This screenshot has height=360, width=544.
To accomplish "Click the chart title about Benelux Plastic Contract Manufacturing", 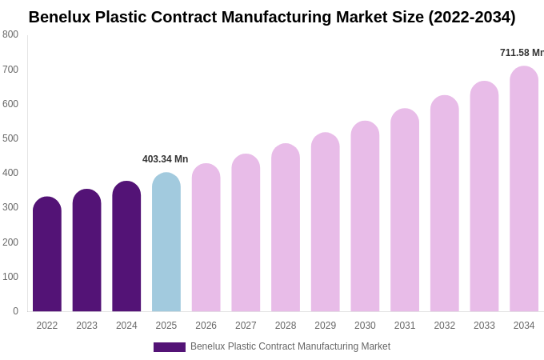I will (x=272, y=17).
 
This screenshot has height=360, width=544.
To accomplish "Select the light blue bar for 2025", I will (x=166, y=244).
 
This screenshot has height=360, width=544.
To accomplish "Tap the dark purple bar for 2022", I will (x=47, y=256).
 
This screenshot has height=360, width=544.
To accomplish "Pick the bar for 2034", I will (x=524, y=192).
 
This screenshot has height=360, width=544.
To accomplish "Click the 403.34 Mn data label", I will (x=165, y=159).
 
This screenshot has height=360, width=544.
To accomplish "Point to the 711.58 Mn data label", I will (x=522, y=53).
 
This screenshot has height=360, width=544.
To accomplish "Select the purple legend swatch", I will (x=169, y=347).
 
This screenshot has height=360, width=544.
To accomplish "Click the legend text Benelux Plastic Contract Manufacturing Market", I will (x=290, y=346).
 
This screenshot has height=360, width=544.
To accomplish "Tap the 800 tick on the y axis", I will (x=10, y=34).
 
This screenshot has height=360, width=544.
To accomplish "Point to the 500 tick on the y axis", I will (x=10, y=138).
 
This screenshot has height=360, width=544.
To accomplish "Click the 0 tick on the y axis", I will (x=15, y=311).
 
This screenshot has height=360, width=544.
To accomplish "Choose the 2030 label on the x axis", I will (x=365, y=326).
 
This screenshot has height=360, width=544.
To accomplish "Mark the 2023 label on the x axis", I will (x=86, y=326).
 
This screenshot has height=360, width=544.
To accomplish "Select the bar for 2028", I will (x=286, y=230).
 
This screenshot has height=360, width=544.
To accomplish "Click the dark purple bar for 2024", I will (x=126, y=248).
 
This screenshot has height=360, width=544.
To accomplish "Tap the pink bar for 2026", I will (x=206, y=240).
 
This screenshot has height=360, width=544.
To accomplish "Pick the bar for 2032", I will (x=445, y=206).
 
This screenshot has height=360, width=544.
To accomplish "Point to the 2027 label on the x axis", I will (x=246, y=326).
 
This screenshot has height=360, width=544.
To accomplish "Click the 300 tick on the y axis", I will (x=10, y=207).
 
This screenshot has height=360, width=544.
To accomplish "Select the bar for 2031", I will (x=405, y=212).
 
